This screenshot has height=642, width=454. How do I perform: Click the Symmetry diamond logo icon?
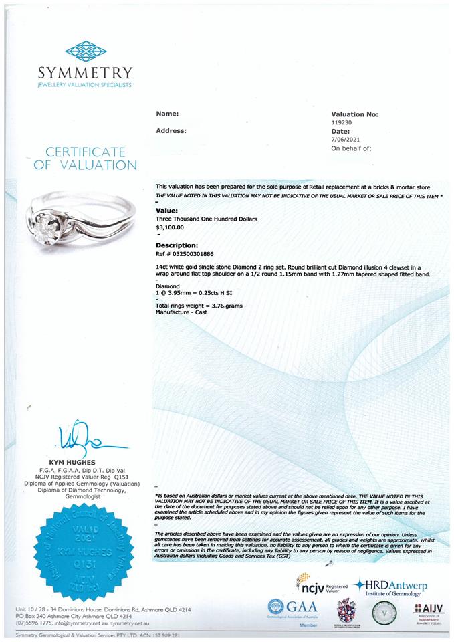tap(85, 50)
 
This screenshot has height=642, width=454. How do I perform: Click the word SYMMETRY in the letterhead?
tap(85, 72)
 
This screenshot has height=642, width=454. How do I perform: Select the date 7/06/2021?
tap(346, 140)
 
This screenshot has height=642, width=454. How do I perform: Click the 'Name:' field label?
tap(167, 114)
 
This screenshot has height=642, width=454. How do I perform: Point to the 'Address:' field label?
tap(171, 131)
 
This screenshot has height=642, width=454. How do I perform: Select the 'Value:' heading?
tap(166, 210)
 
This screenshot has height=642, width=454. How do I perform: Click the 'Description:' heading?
tap(177, 245)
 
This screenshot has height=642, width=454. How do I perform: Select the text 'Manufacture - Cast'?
tap(181, 312)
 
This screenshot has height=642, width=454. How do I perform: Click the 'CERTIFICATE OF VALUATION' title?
tap(85, 158)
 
